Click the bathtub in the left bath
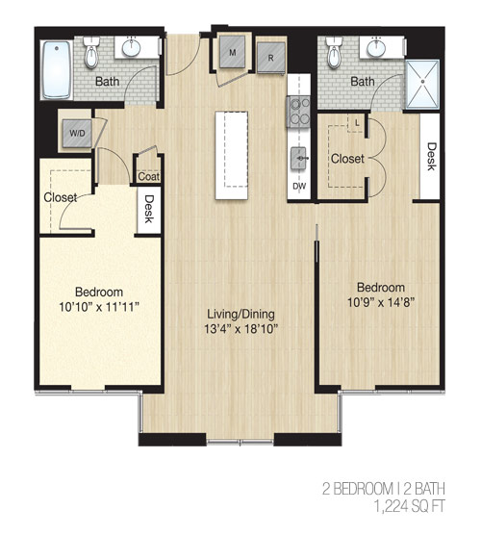(57, 70)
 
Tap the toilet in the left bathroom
(91, 53)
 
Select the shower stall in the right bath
(422, 85)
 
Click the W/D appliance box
(77, 133)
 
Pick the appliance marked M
(232, 52)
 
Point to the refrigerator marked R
(271, 58)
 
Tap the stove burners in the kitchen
(298, 112)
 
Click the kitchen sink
(299, 158)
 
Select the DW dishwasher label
(299, 187)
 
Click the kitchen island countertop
(231, 155)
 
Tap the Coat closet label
(149, 177)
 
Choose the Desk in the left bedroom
(149, 209)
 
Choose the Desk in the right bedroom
(430, 156)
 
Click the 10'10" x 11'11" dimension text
(99, 307)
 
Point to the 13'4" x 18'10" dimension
(241, 329)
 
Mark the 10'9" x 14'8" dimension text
(381, 302)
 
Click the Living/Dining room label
(241, 314)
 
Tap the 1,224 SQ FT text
(410, 506)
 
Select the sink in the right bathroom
(376, 48)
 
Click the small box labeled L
(357, 123)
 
